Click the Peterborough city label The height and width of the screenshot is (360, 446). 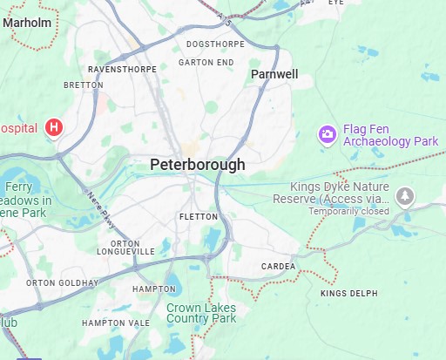(197, 164)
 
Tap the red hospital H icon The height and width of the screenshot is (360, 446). (54, 128)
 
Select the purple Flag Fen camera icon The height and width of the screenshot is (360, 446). (327, 134)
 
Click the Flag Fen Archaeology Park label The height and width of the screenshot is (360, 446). (389, 134)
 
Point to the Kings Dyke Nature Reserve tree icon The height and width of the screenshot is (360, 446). (404, 196)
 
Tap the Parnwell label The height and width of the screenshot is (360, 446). (274, 74)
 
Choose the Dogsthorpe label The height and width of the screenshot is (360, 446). (213, 44)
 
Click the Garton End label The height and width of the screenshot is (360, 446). (206, 63)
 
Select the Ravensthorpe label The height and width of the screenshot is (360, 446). (121, 68)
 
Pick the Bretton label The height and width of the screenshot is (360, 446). (84, 85)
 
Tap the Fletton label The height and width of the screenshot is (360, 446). (197, 216)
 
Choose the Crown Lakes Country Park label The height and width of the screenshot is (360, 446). (201, 313)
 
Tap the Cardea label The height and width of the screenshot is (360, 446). (279, 267)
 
